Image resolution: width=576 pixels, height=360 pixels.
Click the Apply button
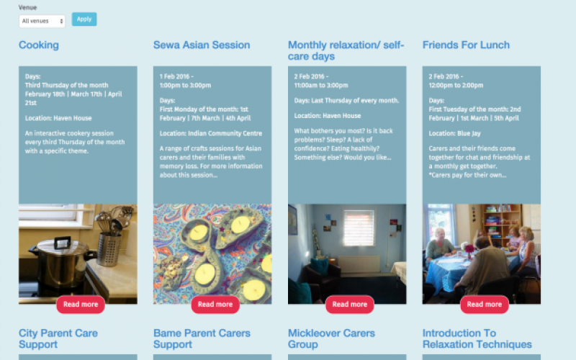point(84,19)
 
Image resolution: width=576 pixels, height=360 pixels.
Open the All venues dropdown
point(42,22)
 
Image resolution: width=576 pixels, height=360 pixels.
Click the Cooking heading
point(39,45)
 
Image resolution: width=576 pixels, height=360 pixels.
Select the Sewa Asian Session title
point(202,45)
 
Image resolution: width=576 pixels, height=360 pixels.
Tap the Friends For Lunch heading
point(466,45)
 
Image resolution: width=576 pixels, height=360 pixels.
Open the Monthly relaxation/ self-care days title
point(346,50)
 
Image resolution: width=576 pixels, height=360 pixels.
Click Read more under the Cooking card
point(81,304)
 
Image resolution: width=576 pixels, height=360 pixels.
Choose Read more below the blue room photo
point(350,304)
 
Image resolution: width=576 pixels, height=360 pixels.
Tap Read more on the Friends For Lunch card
point(484,304)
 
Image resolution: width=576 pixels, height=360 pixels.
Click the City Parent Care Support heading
point(58,338)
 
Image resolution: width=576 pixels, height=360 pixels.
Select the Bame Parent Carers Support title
point(202,338)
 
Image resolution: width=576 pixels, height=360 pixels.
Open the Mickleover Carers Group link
point(331,338)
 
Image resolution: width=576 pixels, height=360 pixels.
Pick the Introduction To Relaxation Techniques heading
point(477,338)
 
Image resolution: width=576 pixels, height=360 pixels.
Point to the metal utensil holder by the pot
point(109,249)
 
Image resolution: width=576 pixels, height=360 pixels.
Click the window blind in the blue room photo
point(359,228)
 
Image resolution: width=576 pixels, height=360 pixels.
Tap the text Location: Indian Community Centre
point(211,133)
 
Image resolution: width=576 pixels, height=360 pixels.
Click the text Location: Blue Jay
point(454,133)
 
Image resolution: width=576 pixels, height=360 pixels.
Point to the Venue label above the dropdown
point(27,7)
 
